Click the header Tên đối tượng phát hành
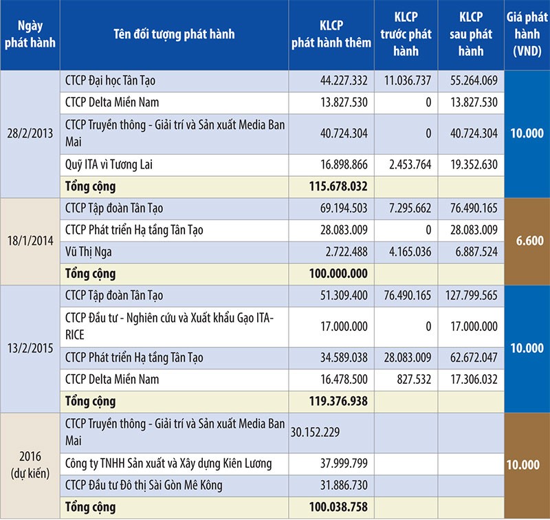172,35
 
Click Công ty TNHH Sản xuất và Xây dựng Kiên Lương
169,464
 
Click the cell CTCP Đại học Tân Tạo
120,80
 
